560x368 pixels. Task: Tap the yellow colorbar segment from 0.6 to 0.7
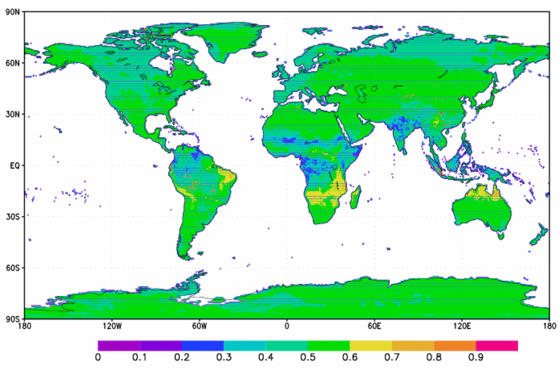(371, 346)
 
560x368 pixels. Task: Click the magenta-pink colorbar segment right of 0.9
(497, 346)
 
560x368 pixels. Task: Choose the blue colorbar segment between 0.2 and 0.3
(202, 346)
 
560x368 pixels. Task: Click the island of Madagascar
(356, 195)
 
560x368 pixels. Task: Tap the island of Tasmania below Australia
(500, 236)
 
